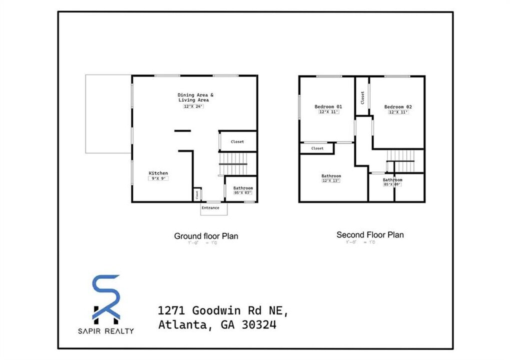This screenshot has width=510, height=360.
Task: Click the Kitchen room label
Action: (x=158, y=173)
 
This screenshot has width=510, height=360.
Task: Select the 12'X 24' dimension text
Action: (x=193, y=106)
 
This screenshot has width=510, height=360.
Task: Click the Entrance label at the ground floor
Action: (x=210, y=208)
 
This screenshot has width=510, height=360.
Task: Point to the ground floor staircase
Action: (x=233, y=164)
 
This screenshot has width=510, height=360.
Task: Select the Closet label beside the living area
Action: (x=237, y=141)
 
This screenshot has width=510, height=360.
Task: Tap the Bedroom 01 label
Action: (x=328, y=106)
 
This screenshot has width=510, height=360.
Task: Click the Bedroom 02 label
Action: (x=398, y=106)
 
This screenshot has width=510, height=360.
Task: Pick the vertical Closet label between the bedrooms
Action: (x=362, y=97)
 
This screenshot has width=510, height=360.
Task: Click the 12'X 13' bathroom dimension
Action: (x=330, y=181)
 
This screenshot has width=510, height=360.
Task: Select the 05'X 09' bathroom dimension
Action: (x=392, y=184)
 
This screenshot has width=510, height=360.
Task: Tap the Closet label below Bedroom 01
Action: (x=317, y=148)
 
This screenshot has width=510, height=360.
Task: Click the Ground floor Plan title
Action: (x=206, y=236)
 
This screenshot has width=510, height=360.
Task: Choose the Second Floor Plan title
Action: (x=370, y=234)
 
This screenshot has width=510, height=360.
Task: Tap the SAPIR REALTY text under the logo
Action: (x=106, y=330)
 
